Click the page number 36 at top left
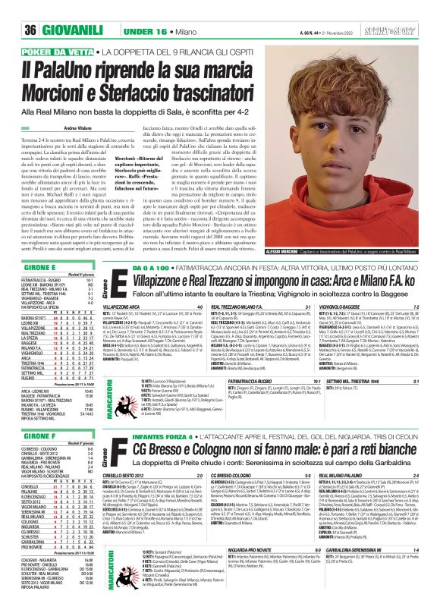click(x=11, y=8)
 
